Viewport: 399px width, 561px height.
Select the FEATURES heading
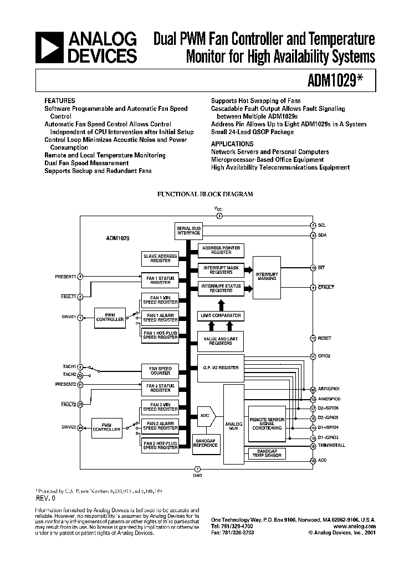[59, 101]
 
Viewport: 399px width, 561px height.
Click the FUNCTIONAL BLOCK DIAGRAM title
[206, 195]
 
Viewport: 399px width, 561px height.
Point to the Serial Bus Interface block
[188, 231]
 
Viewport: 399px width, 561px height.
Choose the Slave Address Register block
[160, 258]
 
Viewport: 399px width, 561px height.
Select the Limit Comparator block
[220, 315]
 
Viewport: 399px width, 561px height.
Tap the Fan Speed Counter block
[160, 371]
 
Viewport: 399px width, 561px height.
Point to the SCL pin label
[321, 225]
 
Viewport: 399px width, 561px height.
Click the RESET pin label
[324, 338]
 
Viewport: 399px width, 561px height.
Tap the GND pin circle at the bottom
[197, 470]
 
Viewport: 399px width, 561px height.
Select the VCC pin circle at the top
[218, 216]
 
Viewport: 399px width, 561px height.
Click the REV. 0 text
[47, 498]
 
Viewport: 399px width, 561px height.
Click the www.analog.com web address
[355, 526]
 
